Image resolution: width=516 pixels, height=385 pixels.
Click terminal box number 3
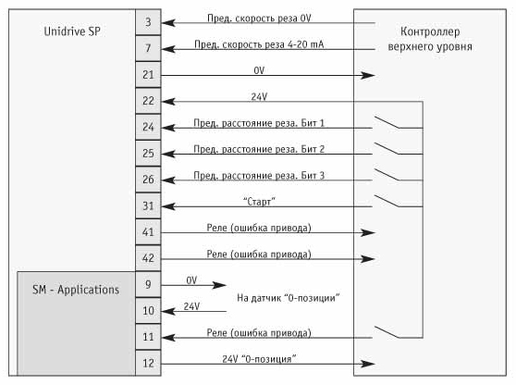[x=148, y=22]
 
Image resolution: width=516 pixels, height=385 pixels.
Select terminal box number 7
[x=148, y=48]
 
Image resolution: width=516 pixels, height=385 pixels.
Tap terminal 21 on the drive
[x=148, y=75]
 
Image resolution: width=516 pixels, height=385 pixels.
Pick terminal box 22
[x=148, y=101]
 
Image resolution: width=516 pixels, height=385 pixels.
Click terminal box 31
[x=148, y=205]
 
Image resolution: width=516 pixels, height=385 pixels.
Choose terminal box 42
[x=148, y=258]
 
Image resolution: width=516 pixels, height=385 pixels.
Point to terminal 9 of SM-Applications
[x=148, y=284]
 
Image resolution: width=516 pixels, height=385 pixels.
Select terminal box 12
[x=148, y=363]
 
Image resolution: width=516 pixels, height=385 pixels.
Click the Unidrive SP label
[x=72, y=31]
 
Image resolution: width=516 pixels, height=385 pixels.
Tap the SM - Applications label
[x=76, y=290]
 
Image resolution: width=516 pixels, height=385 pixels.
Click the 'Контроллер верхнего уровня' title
[x=430, y=39]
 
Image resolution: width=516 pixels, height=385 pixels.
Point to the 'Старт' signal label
[x=259, y=201]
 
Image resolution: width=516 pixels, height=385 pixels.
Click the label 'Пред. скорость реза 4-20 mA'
[x=259, y=44]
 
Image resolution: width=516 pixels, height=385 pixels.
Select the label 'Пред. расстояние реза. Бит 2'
[x=259, y=149]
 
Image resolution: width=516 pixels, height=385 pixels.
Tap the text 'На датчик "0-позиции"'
[x=289, y=298]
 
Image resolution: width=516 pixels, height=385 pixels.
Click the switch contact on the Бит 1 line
[x=387, y=122]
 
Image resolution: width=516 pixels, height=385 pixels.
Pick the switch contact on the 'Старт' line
[x=387, y=201]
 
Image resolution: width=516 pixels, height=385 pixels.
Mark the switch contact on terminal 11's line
[x=387, y=332]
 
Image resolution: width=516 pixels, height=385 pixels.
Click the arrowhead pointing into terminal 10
[x=168, y=311]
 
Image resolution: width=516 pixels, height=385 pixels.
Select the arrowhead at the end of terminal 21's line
[x=368, y=75]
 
